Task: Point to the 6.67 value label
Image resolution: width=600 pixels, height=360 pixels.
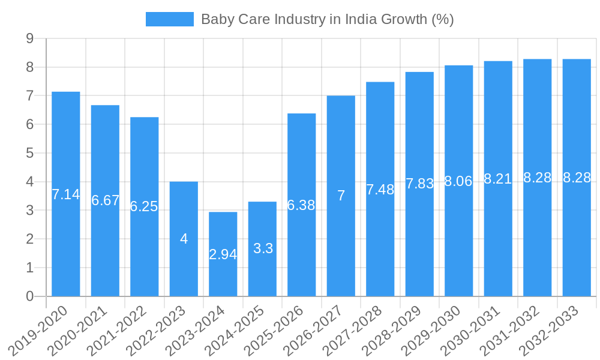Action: pyautogui.click(x=105, y=200)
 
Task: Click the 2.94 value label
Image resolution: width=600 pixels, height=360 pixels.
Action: pyautogui.click(x=223, y=254)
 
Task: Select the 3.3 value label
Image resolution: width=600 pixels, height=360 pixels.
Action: pyautogui.click(x=263, y=248)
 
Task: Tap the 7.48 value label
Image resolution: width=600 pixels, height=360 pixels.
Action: pyautogui.click(x=380, y=190)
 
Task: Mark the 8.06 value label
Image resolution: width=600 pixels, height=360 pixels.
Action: pyautogui.click(x=458, y=181)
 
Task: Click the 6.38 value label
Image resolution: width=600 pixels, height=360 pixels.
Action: pyautogui.click(x=301, y=205)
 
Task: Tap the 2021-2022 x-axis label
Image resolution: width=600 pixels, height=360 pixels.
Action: pyautogui.click(x=118, y=329)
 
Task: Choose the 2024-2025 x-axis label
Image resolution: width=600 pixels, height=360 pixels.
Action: pyautogui.click(x=236, y=329)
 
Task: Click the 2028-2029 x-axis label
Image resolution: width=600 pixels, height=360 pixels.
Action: pyautogui.click(x=394, y=329)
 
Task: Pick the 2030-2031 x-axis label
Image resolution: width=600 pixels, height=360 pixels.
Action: pyautogui.click(x=472, y=329)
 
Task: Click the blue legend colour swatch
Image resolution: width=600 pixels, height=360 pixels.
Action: pyautogui.click(x=170, y=19)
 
